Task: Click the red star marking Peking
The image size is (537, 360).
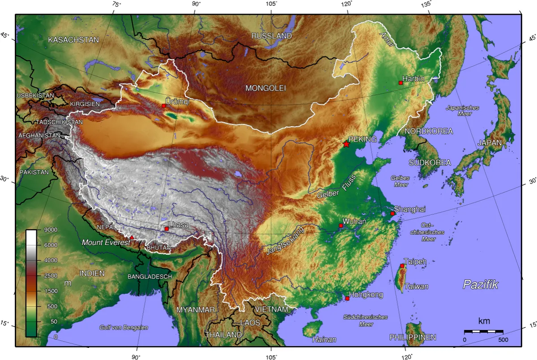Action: pos(346,144)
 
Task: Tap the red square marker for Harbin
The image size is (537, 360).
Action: pos(400,83)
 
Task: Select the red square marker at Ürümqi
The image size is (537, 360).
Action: pos(164,106)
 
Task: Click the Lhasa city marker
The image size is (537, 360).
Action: pos(167,229)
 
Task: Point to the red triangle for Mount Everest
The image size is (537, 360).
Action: pos(132,237)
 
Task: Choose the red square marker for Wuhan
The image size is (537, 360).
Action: pos(341,226)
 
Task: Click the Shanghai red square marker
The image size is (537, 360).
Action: pos(393,214)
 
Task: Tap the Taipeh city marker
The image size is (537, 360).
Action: pos(402,266)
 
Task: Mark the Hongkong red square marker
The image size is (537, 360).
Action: pos(347,298)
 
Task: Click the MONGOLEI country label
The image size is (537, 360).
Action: pos(265,88)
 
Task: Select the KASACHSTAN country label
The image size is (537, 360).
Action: pos(73,40)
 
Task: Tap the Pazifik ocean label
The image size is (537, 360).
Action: pos(480,284)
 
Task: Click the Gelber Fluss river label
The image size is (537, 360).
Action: pos(336,187)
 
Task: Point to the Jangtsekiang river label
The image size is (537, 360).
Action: pos(284,241)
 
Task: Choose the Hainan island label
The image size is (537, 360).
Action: pos(324,339)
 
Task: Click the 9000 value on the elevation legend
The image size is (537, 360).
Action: pos(50,230)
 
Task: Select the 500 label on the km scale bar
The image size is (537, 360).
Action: pos(503,340)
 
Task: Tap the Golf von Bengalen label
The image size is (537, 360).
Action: pos(124,328)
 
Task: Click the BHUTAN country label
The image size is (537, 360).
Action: pos(158,248)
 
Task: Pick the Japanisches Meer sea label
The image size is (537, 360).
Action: pos(462,111)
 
